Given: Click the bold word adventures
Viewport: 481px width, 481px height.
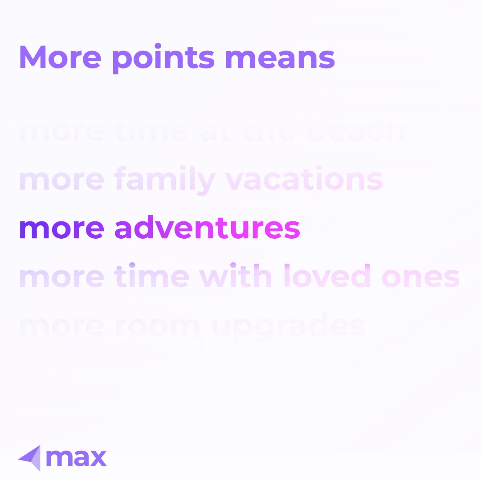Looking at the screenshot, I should pyautogui.click(x=207, y=228).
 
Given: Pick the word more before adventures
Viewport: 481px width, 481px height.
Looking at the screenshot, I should pyautogui.click(x=61, y=229).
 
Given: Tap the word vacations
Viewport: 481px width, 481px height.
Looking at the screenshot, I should pyautogui.click(x=303, y=179).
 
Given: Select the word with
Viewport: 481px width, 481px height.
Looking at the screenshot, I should pyautogui.click(x=235, y=277).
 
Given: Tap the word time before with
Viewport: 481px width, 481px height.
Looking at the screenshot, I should pyautogui.click(x=151, y=277).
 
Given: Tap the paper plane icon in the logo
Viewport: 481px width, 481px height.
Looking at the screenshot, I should pyautogui.click(x=30, y=457).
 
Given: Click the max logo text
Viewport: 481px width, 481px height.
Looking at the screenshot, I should pyautogui.click(x=76, y=458).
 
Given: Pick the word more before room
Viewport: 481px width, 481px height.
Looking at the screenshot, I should pyautogui.click(x=61, y=327).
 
